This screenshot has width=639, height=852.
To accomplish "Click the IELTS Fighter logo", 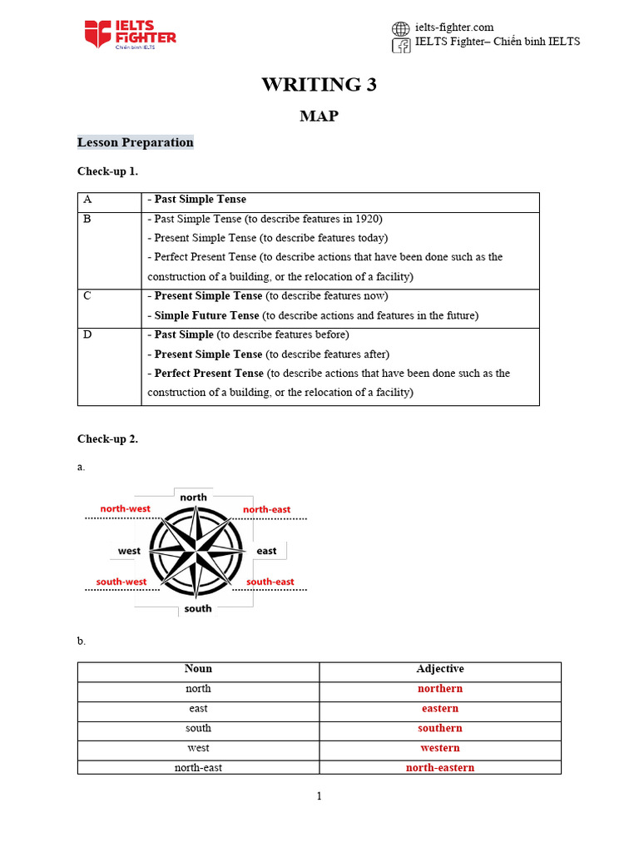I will [130, 34].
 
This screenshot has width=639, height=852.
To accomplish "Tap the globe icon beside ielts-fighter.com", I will [401, 28].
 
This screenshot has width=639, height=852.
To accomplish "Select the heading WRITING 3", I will [319, 84].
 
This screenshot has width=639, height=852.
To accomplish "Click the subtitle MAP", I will [319, 116].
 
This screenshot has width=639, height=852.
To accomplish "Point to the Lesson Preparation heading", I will [135, 142].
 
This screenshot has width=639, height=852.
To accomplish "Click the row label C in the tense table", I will [87, 296].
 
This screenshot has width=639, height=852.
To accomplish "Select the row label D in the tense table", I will [87, 334].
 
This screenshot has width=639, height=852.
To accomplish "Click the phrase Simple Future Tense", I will [206, 315].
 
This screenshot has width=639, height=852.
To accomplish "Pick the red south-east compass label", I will [270, 582].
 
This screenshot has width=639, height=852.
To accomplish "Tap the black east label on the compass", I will [266, 551].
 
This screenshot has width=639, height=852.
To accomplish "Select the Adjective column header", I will [440, 669].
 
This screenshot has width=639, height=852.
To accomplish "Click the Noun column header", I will [198, 669].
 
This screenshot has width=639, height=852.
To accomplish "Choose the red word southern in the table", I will [440, 728].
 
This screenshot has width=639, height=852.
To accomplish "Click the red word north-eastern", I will [440, 768].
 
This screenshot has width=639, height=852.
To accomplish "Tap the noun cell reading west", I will [198, 748].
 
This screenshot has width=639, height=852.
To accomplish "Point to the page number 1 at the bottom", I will [319, 796].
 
